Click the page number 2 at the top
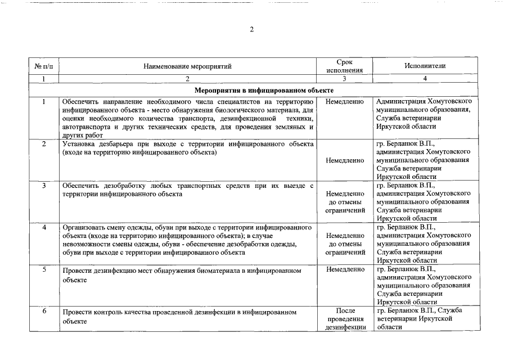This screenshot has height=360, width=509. click(x=252, y=30)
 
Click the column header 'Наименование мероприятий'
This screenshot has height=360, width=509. click(x=187, y=66)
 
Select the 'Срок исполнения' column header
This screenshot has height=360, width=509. click(x=345, y=66)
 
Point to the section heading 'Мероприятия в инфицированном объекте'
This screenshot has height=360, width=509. click(x=264, y=90)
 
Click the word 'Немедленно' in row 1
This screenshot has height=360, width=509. click(x=345, y=101)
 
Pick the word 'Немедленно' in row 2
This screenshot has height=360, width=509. click(x=345, y=160)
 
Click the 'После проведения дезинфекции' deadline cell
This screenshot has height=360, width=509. click(x=345, y=319)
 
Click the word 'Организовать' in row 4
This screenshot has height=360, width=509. click(x=83, y=228)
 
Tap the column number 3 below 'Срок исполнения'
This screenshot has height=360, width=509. click(x=345, y=79)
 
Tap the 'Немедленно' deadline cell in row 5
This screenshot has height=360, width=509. click(x=345, y=270)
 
